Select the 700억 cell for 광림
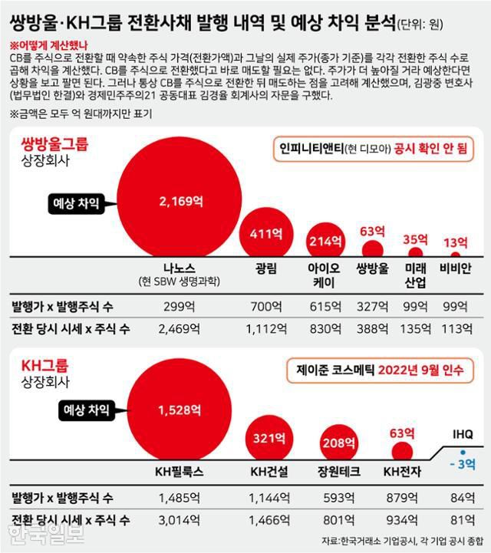(x=264, y=306)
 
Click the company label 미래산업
(x=415, y=275)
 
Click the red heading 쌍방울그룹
(x=49, y=143)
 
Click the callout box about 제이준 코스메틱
(x=379, y=370)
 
